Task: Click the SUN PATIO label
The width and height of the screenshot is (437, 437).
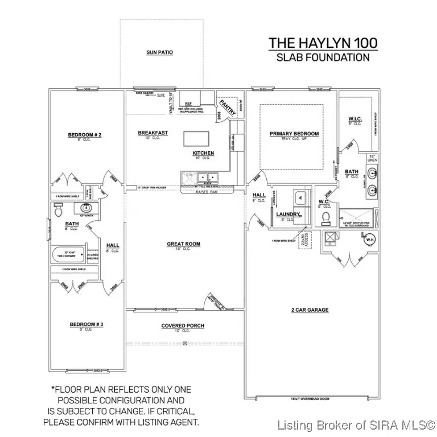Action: tap(160, 52)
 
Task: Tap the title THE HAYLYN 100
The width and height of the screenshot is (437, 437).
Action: tap(323, 43)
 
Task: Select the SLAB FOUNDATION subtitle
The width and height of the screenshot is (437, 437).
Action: tap(323, 57)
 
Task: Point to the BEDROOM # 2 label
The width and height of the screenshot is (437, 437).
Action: tap(84, 135)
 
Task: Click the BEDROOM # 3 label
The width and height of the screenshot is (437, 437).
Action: tap(86, 324)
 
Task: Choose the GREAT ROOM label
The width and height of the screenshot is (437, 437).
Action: tap(183, 244)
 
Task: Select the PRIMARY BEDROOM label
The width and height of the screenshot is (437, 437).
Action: tap(294, 134)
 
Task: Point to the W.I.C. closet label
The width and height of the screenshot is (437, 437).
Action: tap(355, 119)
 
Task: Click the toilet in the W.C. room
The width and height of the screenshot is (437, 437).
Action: tap(326, 218)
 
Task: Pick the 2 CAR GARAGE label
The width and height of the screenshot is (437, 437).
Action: tap(310, 310)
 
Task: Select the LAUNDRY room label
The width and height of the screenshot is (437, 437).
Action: tap(288, 214)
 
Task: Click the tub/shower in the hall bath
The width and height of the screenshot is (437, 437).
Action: tap(68, 254)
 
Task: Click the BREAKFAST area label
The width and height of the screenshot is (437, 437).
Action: tap(153, 133)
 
